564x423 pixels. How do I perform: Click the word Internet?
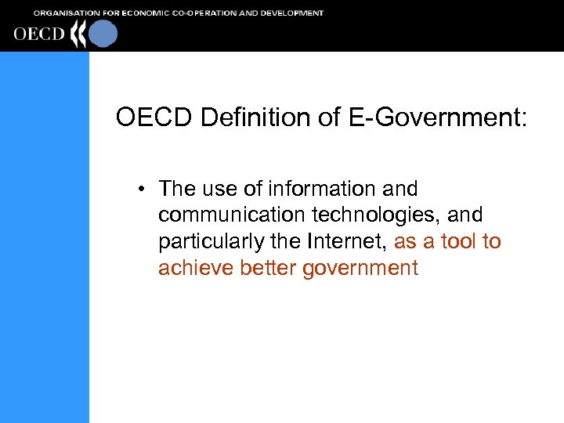[346, 241]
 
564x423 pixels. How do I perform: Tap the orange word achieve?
[190, 268]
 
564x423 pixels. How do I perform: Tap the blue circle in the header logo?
[103, 34]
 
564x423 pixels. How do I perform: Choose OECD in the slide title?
[154, 117]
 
